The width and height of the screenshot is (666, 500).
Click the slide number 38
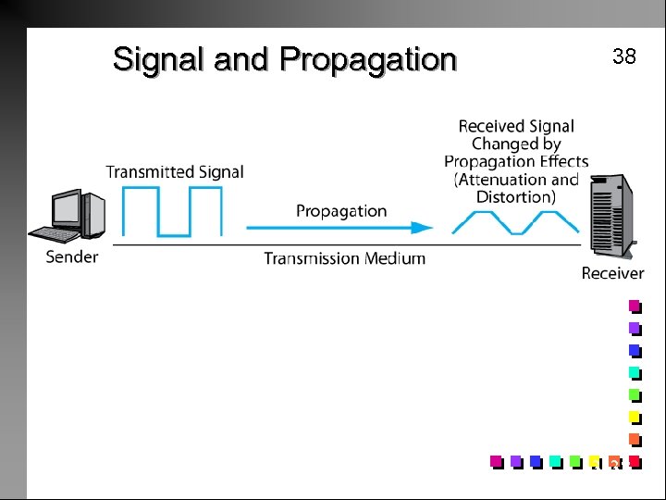[624, 56]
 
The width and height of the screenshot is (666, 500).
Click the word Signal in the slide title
[159, 59]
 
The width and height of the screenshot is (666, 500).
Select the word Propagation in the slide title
[368, 60]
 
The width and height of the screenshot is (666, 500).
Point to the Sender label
[72, 256]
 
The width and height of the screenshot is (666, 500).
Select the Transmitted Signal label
[175, 171]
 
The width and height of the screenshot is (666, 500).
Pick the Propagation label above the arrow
[341, 211]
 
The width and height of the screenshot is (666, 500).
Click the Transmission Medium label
[345, 258]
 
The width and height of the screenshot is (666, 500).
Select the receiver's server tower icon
[609, 219]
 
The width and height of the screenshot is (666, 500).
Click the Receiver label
[612, 273]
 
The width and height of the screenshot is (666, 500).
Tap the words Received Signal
[516, 126]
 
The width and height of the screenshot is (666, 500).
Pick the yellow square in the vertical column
[635, 417]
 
